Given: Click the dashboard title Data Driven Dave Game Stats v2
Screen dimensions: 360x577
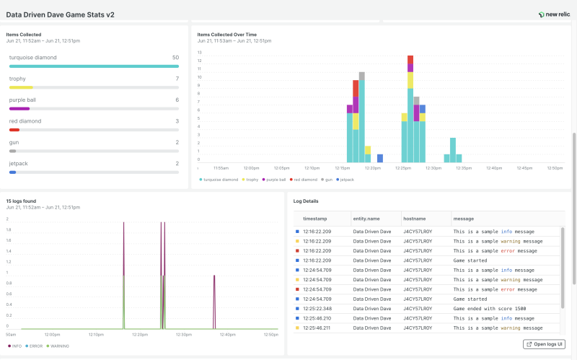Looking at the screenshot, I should pyautogui.click(x=60, y=14).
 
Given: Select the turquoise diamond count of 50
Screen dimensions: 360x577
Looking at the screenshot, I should pyautogui.click(x=175, y=57).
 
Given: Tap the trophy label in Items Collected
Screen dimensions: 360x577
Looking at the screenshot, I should pyautogui.click(x=17, y=79).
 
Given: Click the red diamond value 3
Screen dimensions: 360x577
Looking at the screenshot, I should pyautogui.click(x=177, y=121).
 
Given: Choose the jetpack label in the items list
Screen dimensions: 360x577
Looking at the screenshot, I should pyautogui.click(x=19, y=163).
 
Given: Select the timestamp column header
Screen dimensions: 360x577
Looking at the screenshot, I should pyautogui.click(x=314, y=218).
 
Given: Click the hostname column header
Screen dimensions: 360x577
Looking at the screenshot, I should pyautogui.click(x=417, y=218).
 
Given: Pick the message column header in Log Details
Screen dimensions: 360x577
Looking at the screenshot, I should pyautogui.click(x=463, y=218).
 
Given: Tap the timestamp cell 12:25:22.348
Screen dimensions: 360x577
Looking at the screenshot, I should pyautogui.click(x=317, y=308).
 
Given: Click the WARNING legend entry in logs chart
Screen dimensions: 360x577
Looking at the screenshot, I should pyautogui.click(x=58, y=346).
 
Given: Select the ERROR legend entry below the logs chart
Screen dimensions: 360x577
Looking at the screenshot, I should pyautogui.click(x=35, y=346).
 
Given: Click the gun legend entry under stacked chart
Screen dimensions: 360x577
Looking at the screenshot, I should pyautogui.click(x=328, y=179).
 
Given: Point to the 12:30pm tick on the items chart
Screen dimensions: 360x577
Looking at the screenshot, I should pyautogui.click(x=433, y=168).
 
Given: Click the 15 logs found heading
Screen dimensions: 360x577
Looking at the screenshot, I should pyautogui.click(x=21, y=201).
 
